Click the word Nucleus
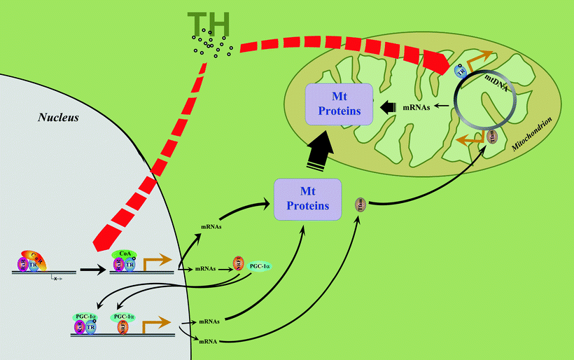pos(58,116)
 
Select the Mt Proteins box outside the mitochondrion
pos(307,200)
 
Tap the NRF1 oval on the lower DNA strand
pos(120,326)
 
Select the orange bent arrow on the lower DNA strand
pos(155,323)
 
